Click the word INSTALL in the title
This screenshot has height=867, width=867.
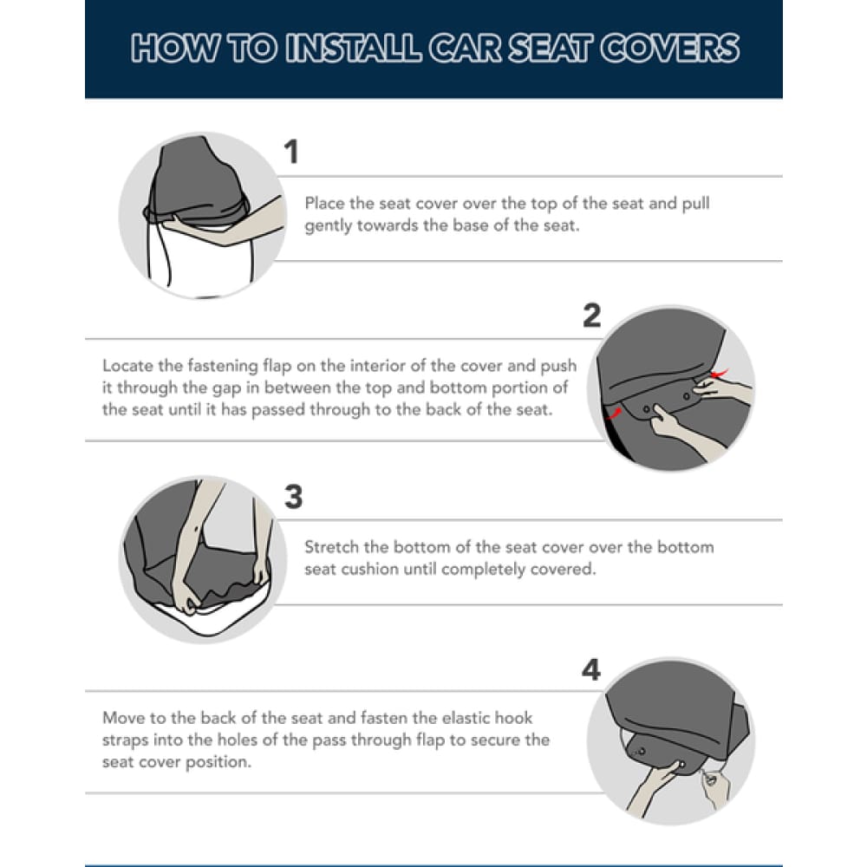(354, 48)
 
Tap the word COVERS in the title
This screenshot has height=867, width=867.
(670, 48)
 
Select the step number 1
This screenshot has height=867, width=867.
(291, 152)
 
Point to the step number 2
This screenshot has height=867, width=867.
(591, 316)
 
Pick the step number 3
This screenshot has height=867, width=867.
(294, 497)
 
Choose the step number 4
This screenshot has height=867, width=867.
(591, 670)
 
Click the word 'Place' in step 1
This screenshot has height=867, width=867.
(324, 203)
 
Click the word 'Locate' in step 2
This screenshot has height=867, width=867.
(125, 366)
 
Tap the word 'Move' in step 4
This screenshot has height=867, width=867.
(121, 718)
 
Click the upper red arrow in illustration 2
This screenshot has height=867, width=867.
(720, 373)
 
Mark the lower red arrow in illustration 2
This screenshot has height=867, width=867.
(613, 414)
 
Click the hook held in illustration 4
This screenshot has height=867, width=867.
(710, 779)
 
